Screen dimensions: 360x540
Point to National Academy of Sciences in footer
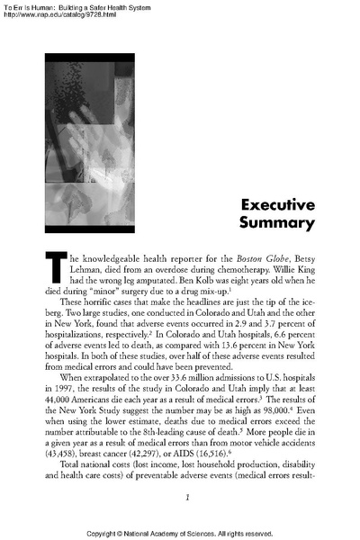tap(184, 533)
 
